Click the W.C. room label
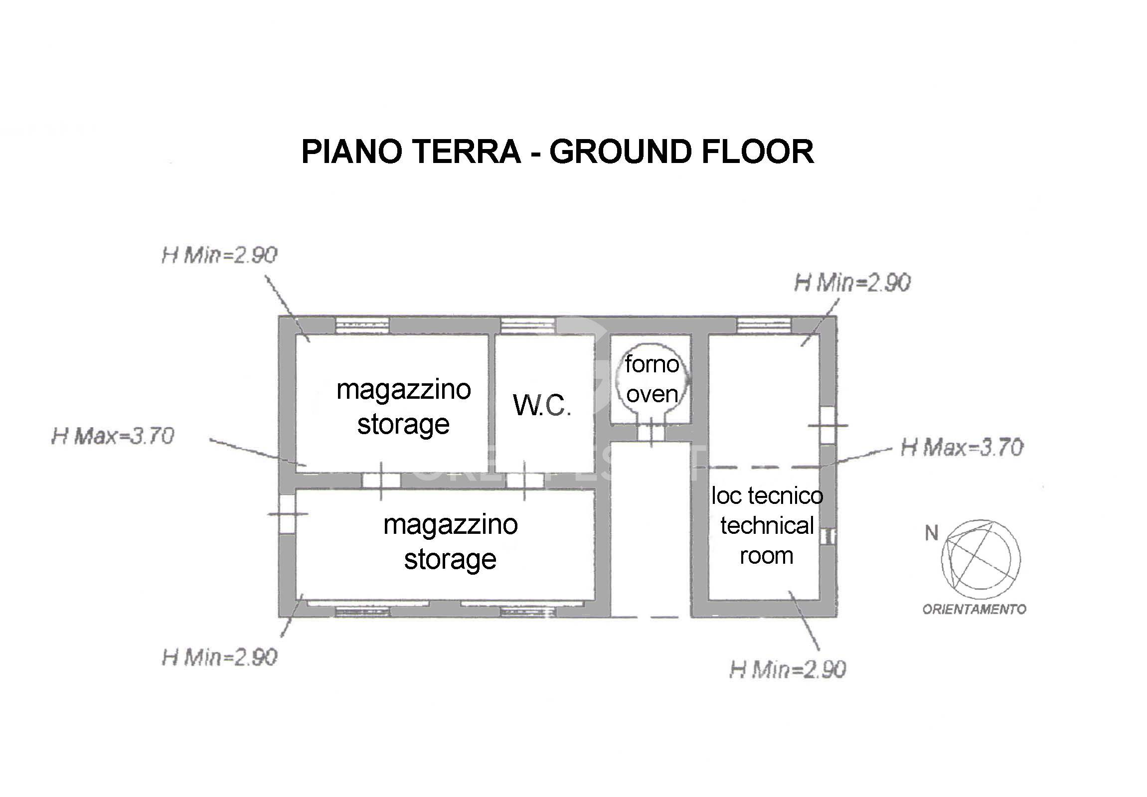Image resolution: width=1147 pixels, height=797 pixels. click(x=542, y=405)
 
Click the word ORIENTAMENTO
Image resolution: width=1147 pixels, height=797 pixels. click(x=974, y=609)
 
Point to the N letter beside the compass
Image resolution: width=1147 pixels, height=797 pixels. click(x=931, y=533)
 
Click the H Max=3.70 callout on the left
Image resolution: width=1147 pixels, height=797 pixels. click(x=113, y=436)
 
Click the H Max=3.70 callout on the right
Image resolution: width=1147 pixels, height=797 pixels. click(x=962, y=448)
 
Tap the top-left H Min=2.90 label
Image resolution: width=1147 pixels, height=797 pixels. click(x=220, y=255)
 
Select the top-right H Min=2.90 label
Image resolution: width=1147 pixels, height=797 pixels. click(x=852, y=283)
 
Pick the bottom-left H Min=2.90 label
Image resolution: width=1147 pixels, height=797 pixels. click(x=220, y=657)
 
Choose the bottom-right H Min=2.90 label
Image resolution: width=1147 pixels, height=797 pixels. click(x=788, y=670)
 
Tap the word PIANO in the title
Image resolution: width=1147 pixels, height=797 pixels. click(x=352, y=152)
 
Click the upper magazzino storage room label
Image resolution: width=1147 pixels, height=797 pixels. click(x=403, y=407)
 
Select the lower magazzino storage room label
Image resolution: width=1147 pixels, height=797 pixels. click(x=451, y=542)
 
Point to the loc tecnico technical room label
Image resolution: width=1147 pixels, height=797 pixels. click(x=767, y=525)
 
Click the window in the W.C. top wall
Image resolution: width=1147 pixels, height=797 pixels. click(x=528, y=326)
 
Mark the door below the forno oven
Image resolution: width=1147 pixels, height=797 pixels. click(x=651, y=432)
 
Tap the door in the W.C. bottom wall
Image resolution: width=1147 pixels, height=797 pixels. click(x=525, y=480)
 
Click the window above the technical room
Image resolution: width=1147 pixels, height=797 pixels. click(x=764, y=325)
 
